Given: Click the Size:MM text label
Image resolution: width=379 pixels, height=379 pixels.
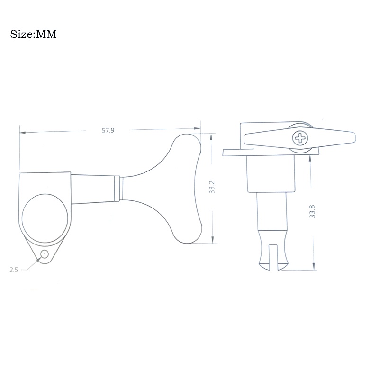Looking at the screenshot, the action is click(33, 34).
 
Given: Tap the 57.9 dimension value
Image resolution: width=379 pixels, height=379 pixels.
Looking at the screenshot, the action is click(108, 131).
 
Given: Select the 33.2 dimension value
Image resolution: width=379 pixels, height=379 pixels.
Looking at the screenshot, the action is click(212, 187).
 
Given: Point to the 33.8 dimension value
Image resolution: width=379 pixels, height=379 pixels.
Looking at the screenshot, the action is click(312, 211).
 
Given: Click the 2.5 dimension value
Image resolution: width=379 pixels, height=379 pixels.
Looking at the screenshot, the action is click(14, 270).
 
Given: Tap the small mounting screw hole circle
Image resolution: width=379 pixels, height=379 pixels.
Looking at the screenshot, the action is click(45, 254).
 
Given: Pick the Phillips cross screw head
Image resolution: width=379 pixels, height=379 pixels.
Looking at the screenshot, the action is click(300, 139).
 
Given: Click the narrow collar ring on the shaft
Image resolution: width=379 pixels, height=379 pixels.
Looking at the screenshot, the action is click(118, 189).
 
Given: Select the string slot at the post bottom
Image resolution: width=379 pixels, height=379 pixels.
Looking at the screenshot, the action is click(273, 257).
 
